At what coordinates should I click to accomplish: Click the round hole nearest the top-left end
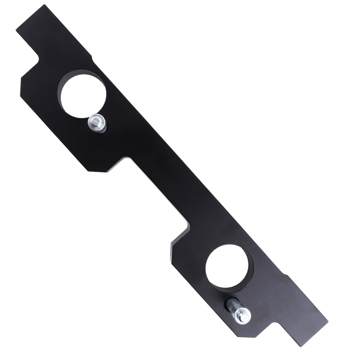pyautogui.click(x=83, y=95)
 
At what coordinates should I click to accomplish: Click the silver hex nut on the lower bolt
pyautogui.click(x=242, y=316)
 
